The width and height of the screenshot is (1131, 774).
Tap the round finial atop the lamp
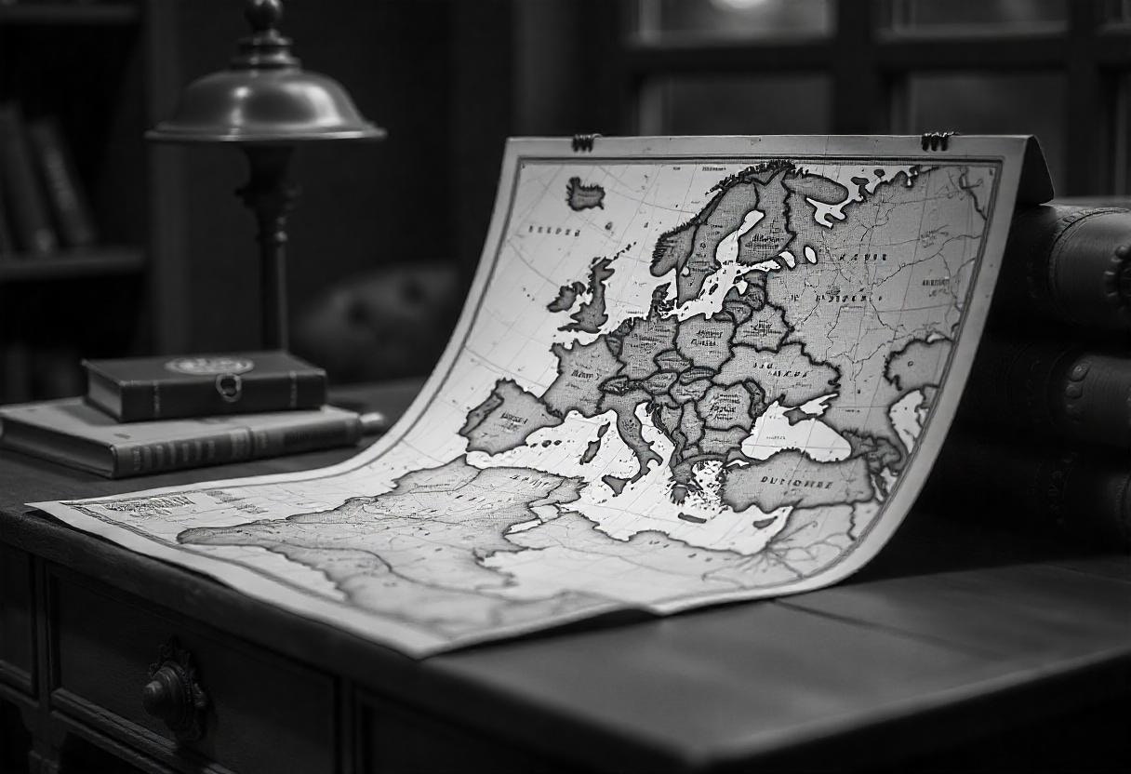263,13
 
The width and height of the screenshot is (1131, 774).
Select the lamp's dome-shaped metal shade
265,102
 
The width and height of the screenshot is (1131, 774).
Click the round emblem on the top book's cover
208,366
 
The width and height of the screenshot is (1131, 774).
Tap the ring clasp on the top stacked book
228,386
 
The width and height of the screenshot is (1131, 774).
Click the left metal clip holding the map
584,142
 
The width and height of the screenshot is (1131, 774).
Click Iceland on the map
585,194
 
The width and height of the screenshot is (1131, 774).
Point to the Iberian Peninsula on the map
507,416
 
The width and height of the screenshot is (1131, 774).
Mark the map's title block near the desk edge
140,505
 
